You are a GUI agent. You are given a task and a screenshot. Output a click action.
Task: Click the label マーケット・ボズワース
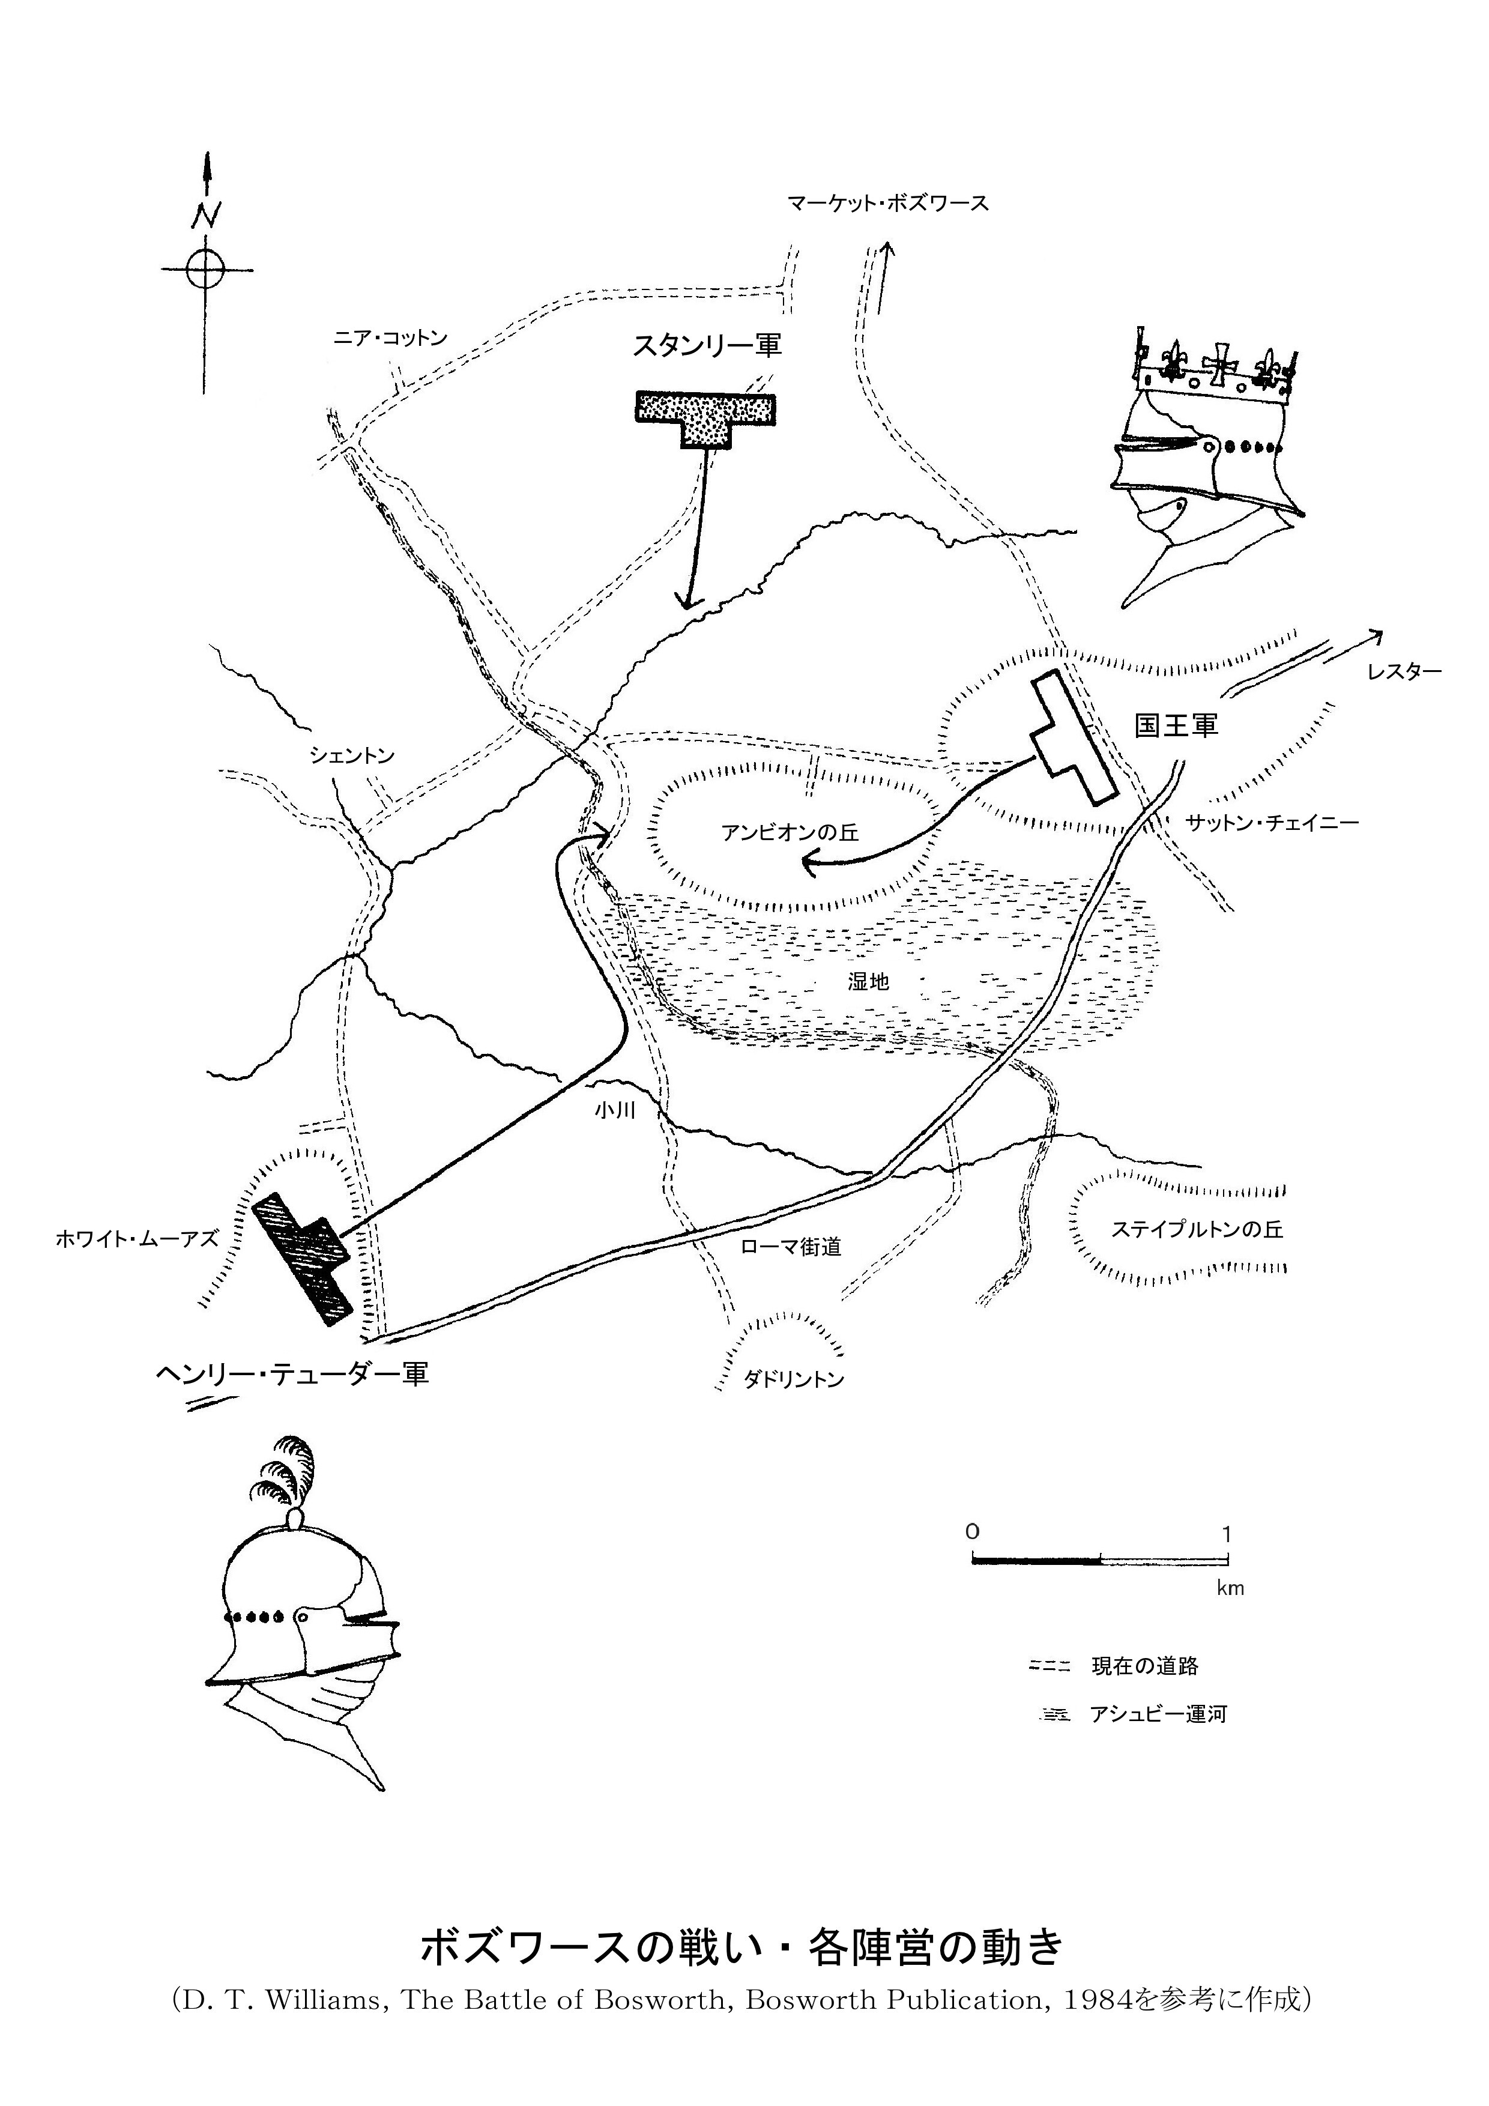[x=887, y=204]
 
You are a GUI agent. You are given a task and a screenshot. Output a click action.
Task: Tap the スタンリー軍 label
[x=707, y=346]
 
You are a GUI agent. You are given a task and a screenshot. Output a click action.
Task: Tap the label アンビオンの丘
[x=790, y=832]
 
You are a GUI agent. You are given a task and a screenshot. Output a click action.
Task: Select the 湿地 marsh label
[x=868, y=981]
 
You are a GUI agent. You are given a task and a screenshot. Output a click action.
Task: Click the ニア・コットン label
[x=390, y=337]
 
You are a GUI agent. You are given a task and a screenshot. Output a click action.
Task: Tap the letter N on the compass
[x=207, y=216]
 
